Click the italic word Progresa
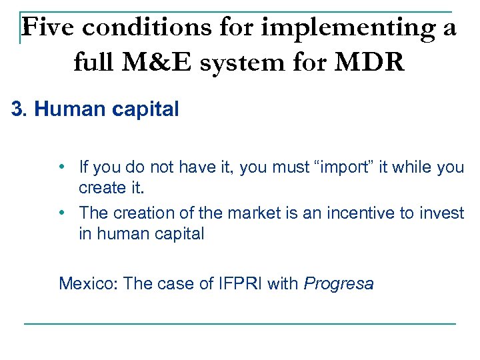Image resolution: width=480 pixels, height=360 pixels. click(339, 284)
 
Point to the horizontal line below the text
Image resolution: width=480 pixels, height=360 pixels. click(240, 324)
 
